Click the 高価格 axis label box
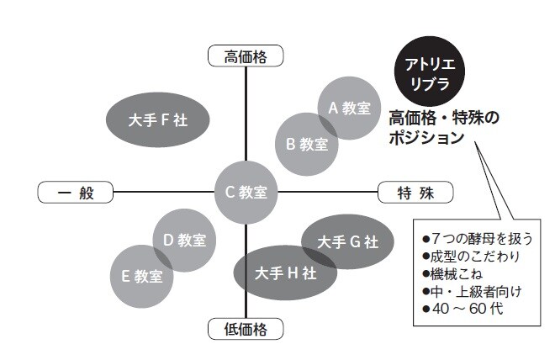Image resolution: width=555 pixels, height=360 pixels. point(245,56)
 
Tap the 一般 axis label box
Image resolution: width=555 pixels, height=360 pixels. point(75,192)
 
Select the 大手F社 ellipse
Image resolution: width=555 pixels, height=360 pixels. point(158,120)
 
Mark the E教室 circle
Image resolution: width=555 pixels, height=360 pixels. point(143,275)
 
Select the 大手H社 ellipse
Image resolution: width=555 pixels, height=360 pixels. point(280,272)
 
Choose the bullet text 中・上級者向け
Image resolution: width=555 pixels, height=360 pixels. point(471,291)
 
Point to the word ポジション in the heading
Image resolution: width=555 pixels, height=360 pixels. point(426,137)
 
